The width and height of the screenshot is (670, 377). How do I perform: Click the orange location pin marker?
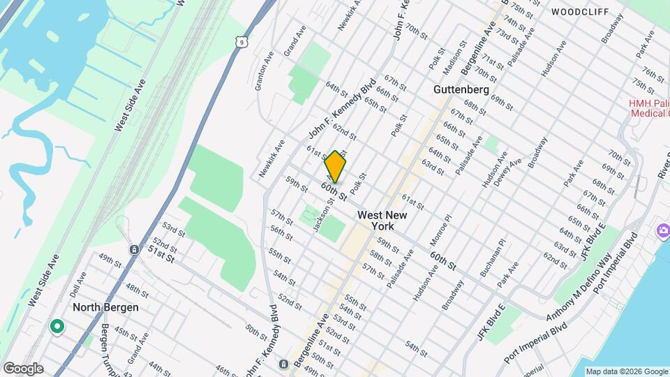point(336,166)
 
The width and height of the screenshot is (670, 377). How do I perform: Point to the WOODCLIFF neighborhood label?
point(579,12)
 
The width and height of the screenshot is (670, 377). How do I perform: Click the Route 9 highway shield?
point(239,43)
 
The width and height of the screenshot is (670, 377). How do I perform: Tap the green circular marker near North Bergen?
point(57,326)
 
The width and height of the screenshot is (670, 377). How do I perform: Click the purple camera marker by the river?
point(660,230)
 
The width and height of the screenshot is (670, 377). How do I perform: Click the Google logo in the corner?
point(23,369)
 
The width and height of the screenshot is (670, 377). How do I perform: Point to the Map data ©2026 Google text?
point(626,371)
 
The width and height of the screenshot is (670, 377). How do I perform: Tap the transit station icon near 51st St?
point(133,249)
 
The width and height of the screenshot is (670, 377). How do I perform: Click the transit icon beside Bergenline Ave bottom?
point(283,364)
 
